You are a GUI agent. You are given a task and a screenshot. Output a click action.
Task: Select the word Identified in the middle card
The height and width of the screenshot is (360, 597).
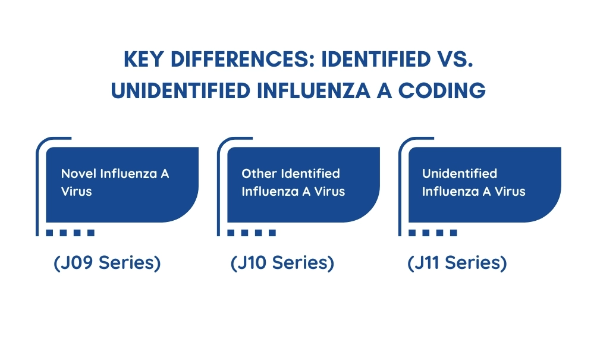pos(310,174)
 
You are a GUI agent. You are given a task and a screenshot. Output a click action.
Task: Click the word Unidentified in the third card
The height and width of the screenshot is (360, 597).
pos(460,174)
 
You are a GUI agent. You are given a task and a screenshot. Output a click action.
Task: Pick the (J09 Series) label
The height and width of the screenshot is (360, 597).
pos(107,263)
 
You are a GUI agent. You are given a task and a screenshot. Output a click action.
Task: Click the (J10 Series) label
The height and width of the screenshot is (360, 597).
pos(282,263)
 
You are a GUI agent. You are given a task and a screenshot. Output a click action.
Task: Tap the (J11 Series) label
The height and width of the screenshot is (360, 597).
pos(457,263)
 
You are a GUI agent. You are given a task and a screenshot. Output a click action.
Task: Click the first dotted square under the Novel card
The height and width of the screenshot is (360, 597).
pos(49,233)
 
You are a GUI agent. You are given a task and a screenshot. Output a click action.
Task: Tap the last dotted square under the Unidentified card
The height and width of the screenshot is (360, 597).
pos(454,233)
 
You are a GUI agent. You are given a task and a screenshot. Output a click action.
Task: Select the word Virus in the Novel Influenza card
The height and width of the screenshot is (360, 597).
pos(77,191)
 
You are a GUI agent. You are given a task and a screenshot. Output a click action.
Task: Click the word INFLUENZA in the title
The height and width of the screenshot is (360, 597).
pos(313,90)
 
